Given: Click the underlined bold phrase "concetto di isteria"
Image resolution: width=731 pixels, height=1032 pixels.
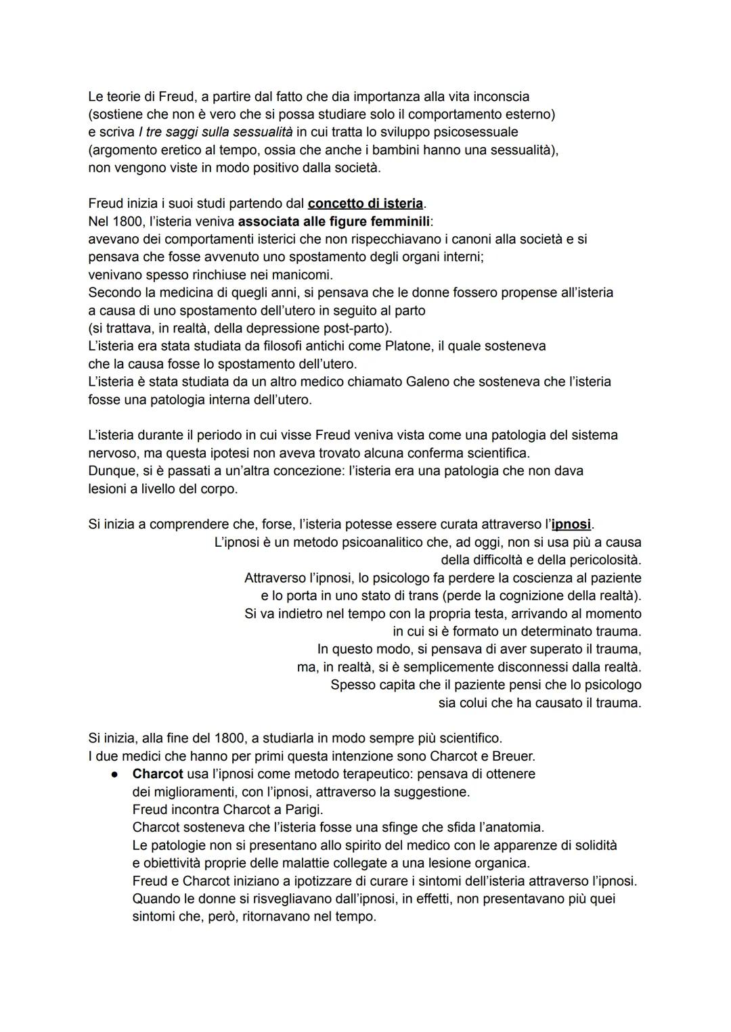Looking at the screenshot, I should click(365, 203).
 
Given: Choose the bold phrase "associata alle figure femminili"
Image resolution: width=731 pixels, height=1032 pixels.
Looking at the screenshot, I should click(334, 221).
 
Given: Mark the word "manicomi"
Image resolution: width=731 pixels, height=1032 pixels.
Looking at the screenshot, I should click(303, 275).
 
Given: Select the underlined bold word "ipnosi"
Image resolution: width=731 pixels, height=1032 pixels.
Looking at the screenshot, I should click(571, 524).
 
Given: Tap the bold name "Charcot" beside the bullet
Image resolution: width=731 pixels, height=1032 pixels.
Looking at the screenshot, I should click(158, 773).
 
